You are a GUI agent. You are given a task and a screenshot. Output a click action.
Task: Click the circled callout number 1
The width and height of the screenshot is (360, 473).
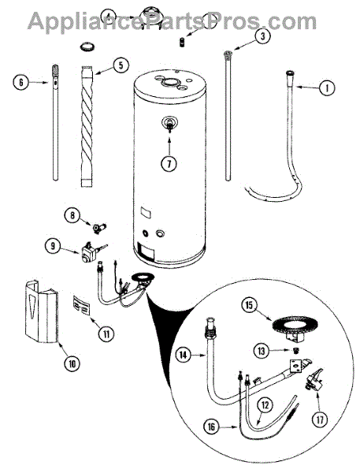[326, 88]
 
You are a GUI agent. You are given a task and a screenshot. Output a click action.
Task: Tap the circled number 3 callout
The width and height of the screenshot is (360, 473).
[262, 36]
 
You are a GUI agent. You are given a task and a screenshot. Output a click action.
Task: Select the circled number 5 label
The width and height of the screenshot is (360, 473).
[121, 65]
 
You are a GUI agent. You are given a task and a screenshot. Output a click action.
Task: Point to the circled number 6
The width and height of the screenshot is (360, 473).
[20, 82]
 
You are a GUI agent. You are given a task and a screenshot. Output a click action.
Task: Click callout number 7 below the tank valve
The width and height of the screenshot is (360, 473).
[169, 163]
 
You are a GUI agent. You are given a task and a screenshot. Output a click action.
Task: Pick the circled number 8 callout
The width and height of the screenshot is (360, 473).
[72, 215]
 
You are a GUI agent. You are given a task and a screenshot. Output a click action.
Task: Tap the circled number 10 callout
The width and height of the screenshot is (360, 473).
[72, 363]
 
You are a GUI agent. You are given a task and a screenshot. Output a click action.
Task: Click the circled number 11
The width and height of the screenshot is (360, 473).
[106, 334]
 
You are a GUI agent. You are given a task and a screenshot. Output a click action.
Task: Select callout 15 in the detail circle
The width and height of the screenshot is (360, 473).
[249, 305]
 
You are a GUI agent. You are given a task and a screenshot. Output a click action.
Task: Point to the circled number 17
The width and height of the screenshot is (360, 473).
[320, 419]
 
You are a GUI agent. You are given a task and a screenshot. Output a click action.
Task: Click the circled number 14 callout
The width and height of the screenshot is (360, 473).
[184, 355]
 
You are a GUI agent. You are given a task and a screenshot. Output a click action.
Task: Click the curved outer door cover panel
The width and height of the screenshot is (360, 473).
[41, 311]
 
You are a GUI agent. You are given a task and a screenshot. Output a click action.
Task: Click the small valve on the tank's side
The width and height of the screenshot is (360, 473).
[169, 124]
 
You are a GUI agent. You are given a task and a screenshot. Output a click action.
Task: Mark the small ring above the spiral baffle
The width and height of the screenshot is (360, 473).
[87, 47]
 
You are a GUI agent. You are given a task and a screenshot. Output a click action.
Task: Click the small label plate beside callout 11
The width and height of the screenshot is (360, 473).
[82, 305]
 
